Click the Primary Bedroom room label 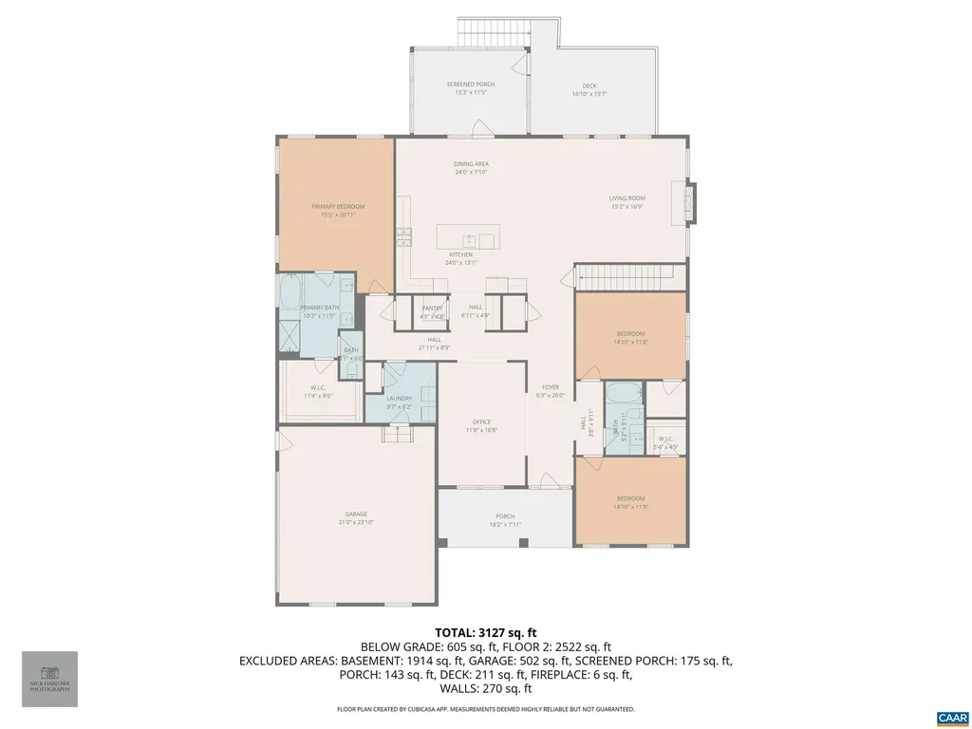click(x=338, y=206)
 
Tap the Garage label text click(x=355, y=514)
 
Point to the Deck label click(x=589, y=85)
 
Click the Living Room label click(x=627, y=198)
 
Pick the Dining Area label click(x=471, y=164)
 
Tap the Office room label click(x=481, y=421)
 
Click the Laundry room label click(x=399, y=399)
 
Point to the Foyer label click(x=551, y=387)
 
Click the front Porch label click(x=504, y=517)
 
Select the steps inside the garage click(x=394, y=434)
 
